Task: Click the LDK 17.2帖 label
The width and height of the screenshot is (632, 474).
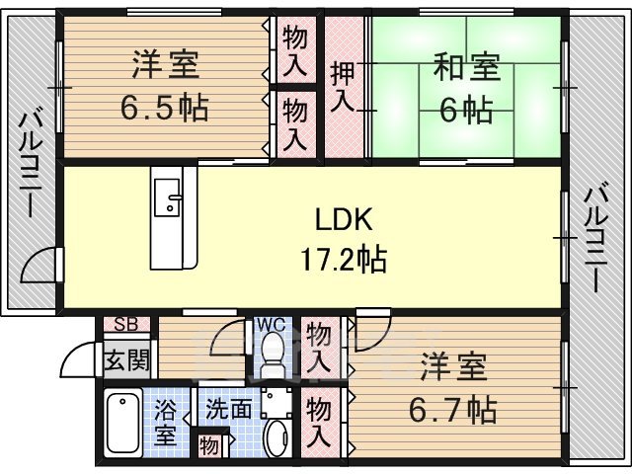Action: [x=344, y=240]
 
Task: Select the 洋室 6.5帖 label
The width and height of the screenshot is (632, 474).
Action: [x=167, y=87]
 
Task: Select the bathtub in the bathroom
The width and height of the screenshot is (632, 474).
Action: [x=123, y=423]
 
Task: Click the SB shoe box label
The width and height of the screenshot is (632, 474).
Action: [x=125, y=324]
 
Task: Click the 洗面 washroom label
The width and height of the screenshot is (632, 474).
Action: [x=228, y=407]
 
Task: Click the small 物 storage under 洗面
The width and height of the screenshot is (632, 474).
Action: [x=210, y=444]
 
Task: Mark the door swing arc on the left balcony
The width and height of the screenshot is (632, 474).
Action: [x=39, y=265]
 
